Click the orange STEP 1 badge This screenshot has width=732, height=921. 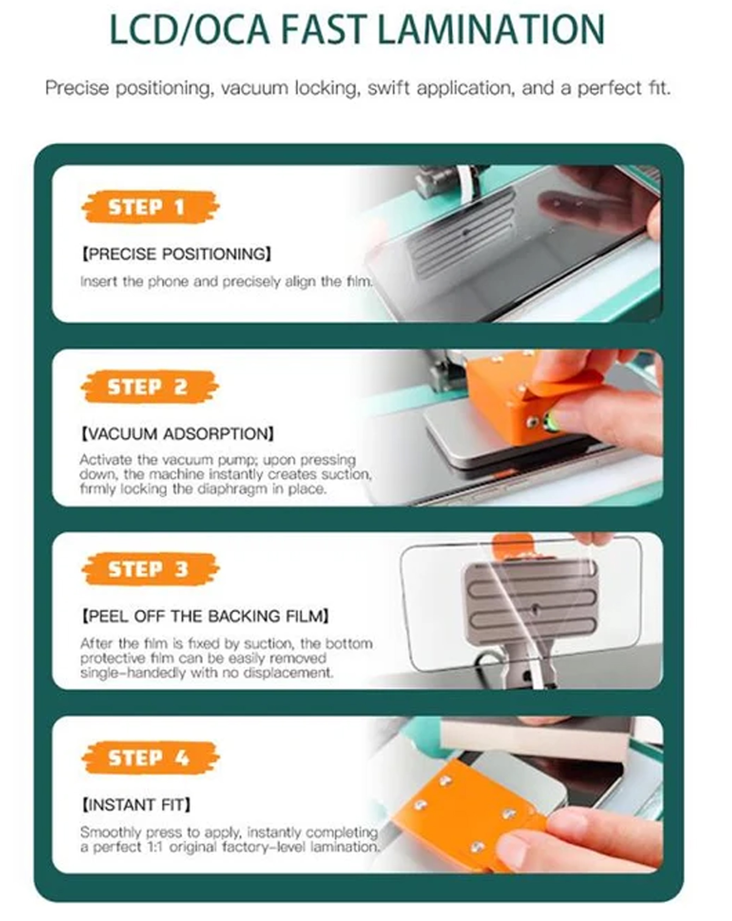pyautogui.click(x=150, y=207)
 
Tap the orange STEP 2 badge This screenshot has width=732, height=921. pyautogui.click(x=150, y=387)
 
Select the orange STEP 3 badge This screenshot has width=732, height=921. pyautogui.click(x=150, y=569)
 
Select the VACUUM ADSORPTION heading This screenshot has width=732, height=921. pyautogui.click(x=177, y=434)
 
